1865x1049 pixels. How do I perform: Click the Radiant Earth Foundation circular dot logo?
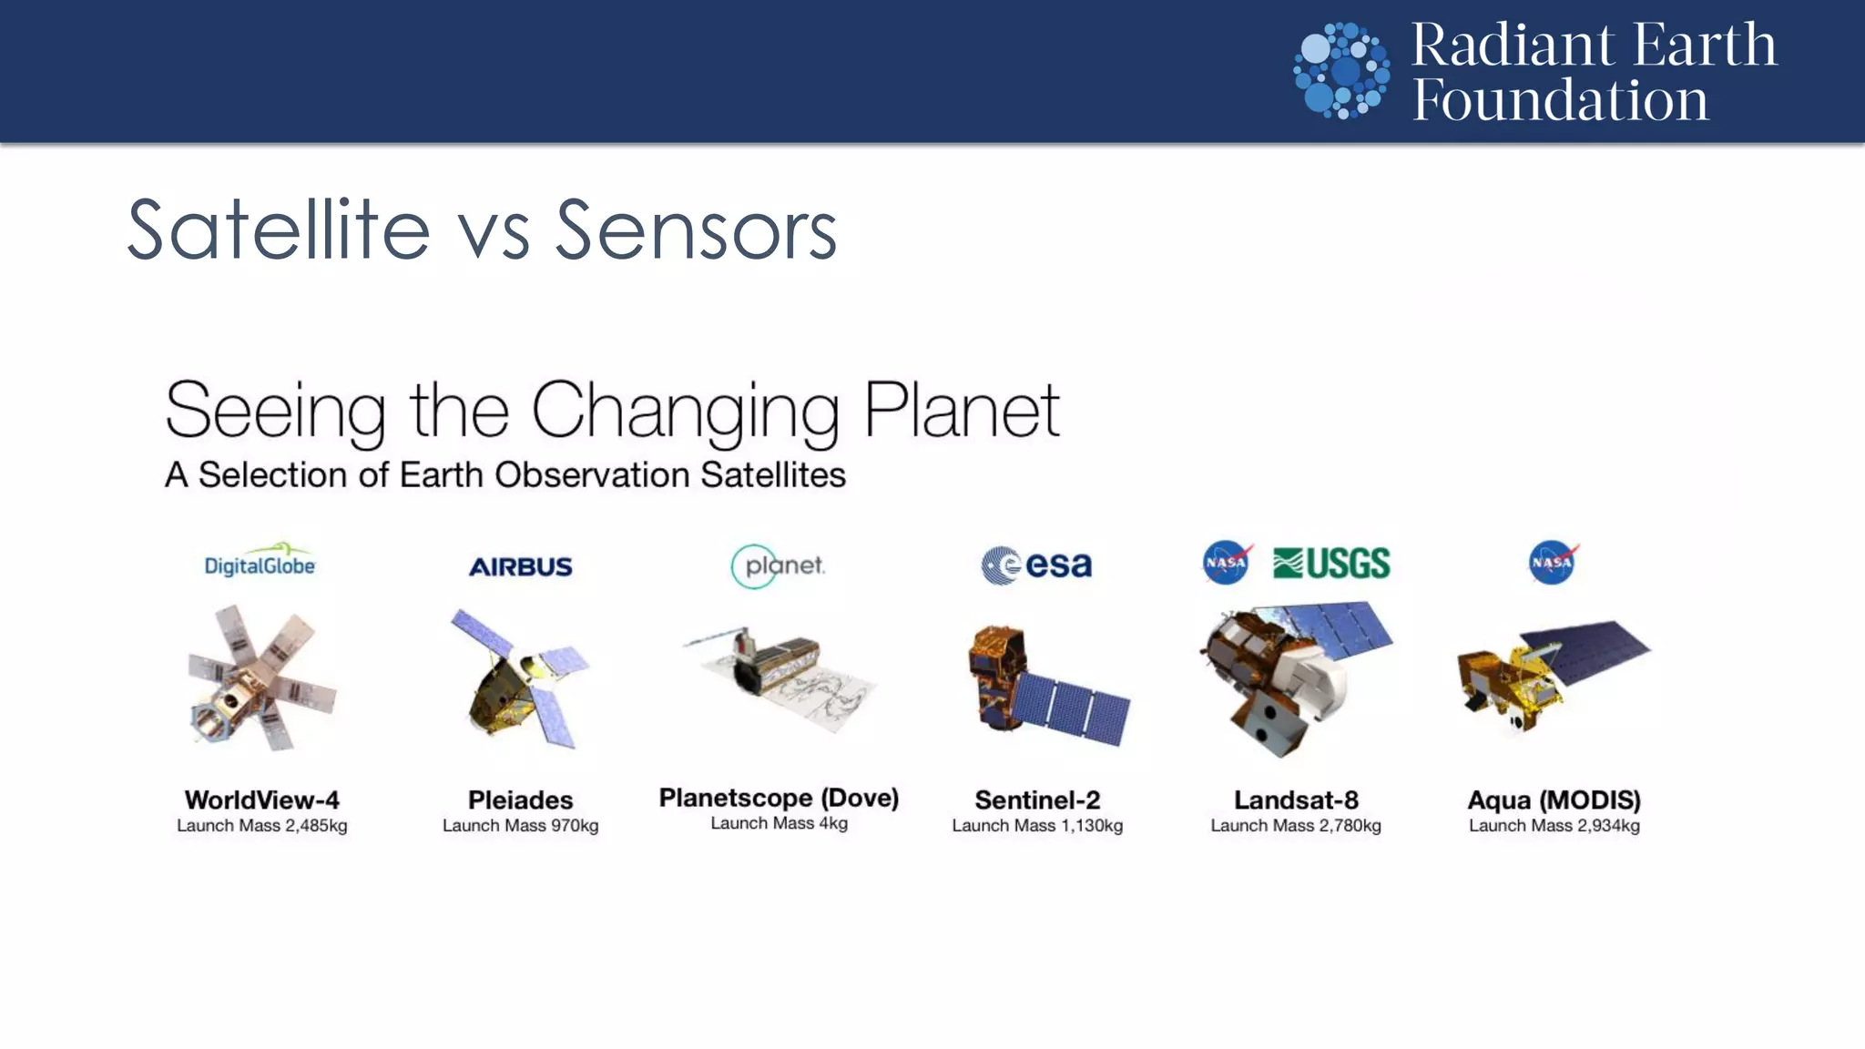1341,71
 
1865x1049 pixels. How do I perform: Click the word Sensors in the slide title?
696,231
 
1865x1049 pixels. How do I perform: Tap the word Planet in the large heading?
961,412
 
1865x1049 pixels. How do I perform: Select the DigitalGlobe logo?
260,563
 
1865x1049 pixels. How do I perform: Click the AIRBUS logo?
520,566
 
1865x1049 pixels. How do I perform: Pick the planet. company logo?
779,565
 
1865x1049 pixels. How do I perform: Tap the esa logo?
1036,565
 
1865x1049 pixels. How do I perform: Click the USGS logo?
1331,564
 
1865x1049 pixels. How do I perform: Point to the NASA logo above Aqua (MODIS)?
1553,563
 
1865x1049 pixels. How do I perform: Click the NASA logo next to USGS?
1227,563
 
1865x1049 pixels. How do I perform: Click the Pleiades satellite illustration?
521,678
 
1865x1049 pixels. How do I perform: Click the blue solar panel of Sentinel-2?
1073,706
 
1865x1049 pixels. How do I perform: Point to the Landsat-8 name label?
1296,799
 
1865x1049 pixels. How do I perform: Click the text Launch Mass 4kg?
779,823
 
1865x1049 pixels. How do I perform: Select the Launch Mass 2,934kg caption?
1554,826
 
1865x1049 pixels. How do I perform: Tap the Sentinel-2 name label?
1037,799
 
